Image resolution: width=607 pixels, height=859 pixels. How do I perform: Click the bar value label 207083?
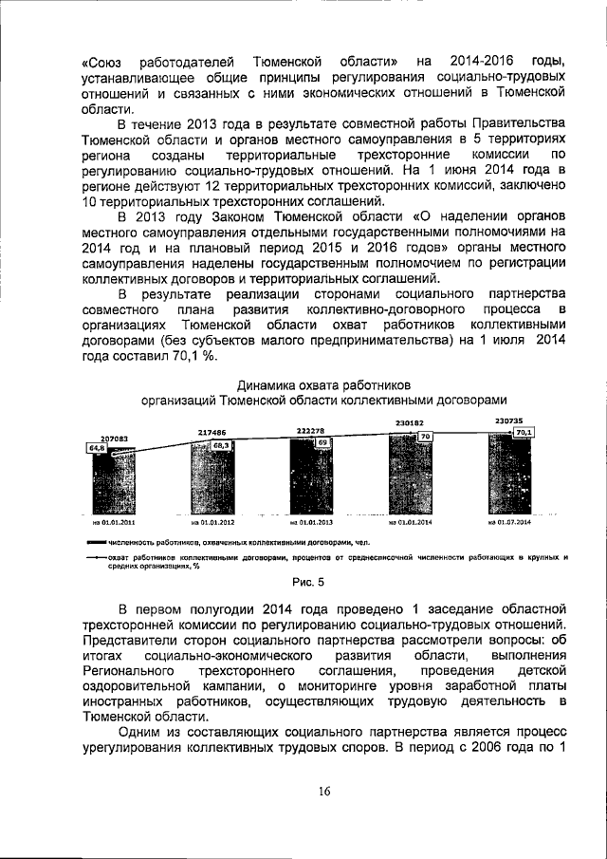coord(110,439)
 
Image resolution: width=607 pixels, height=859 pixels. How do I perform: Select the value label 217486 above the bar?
coord(211,430)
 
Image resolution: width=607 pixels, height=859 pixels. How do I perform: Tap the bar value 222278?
coord(310,430)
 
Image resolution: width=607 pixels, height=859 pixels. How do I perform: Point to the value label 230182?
coord(409,422)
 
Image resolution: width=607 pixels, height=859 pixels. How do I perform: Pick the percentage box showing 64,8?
coord(96,448)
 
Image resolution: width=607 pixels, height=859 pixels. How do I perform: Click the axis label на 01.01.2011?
coord(111,522)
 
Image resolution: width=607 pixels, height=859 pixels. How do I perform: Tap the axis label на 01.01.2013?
coord(310,522)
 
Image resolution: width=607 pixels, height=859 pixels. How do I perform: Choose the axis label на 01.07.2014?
coord(508,522)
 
